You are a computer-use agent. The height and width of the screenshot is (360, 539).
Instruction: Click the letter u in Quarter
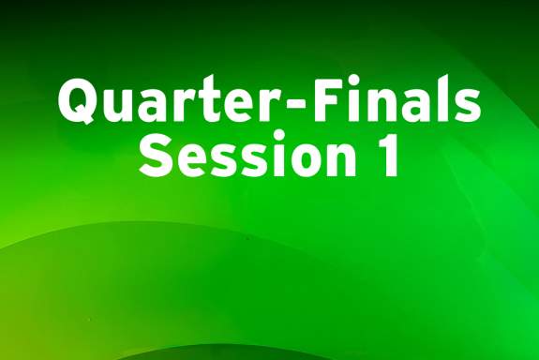click(x=118, y=105)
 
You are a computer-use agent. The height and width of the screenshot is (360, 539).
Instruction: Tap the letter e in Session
click(x=187, y=160)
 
